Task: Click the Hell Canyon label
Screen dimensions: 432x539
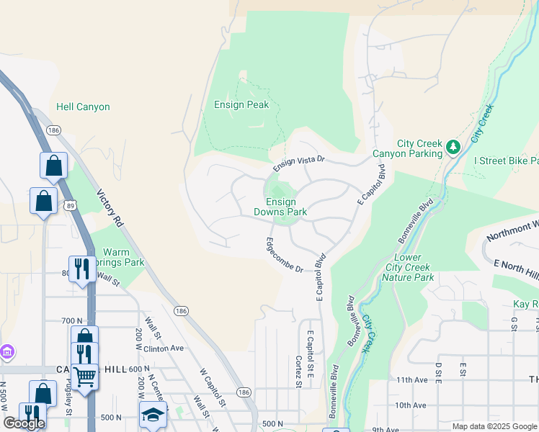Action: [x=83, y=107]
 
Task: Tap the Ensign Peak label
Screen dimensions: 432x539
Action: [x=241, y=105]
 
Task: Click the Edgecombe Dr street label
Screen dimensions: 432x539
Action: [x=285, y=255]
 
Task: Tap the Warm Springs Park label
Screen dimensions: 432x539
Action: [x=125, y=258]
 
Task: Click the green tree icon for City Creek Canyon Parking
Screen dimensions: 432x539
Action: [x=453, y=148]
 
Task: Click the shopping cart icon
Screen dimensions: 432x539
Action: [x=85, y=375]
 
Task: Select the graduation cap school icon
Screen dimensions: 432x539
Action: [x=153, y=415]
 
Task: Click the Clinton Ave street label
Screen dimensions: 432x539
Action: [x=164, y=348]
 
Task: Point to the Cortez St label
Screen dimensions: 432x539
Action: [x=298, y=371]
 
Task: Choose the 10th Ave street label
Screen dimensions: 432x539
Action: [x=411, y=405]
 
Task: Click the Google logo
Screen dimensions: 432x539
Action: [x=24, y=423]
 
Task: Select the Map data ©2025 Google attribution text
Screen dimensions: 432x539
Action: [x=494, y=426]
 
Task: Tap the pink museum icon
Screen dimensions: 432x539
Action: [x=7, y=353]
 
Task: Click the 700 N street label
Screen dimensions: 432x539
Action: [x=73, y=320]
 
